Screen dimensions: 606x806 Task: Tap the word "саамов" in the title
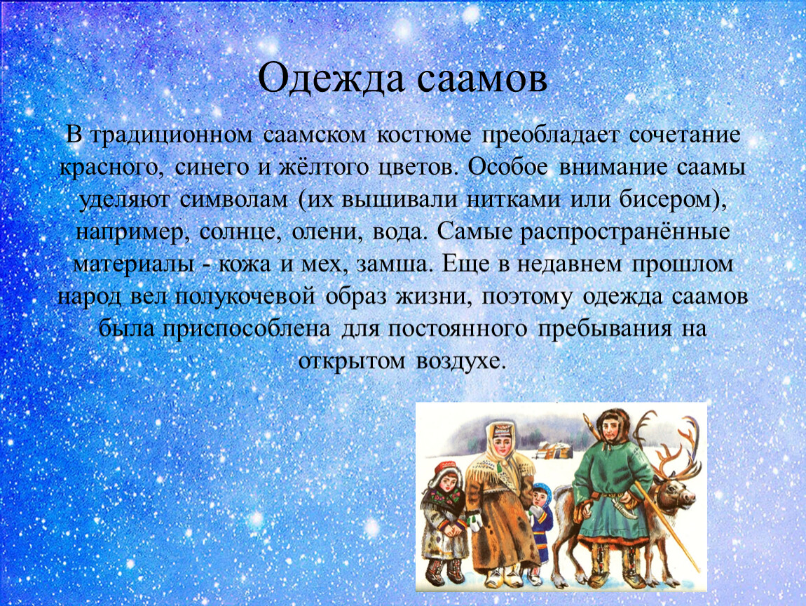coord(481,79)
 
